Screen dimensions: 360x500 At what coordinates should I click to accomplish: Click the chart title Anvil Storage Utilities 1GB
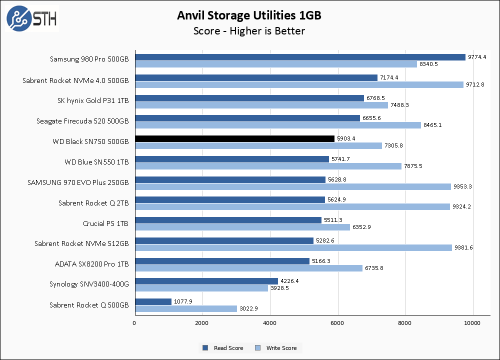click(x=249, y=15)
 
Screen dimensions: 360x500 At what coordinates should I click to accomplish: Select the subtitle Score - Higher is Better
click(x=249, y=31)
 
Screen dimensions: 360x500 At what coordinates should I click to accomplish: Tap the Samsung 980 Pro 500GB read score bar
click(x=300, y=57)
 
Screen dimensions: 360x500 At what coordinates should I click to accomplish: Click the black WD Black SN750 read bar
click(x=234, y=138)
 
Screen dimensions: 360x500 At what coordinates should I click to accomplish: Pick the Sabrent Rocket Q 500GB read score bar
click(x=153, y=301)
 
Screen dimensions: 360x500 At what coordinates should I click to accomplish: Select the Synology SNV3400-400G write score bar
click(x=201, y=288)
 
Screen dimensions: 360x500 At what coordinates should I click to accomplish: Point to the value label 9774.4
click(x=477, y=57)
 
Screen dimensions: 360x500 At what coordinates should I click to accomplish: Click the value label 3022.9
click(x=248, y=309)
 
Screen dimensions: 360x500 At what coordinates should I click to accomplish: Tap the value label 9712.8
click(x=475, y=84)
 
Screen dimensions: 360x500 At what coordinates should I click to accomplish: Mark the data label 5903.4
click(x=346, y=138)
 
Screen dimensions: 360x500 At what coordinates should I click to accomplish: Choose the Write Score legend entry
click(x=279, y=348)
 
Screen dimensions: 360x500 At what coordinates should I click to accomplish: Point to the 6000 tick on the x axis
click(x=338, y=322)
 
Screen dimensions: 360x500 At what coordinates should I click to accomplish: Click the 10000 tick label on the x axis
click(x=473, y=322)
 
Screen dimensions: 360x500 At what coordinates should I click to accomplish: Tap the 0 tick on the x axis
click(x=134, y=322)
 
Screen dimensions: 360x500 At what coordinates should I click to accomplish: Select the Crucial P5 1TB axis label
click(x=105, y=223)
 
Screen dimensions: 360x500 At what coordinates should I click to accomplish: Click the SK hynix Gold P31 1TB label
click(x=93, y=100)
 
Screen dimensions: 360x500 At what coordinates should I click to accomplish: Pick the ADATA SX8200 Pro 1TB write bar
click(x=248, y=268)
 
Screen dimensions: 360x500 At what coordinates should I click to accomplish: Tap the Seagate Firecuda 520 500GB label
click(x=82, y=121)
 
